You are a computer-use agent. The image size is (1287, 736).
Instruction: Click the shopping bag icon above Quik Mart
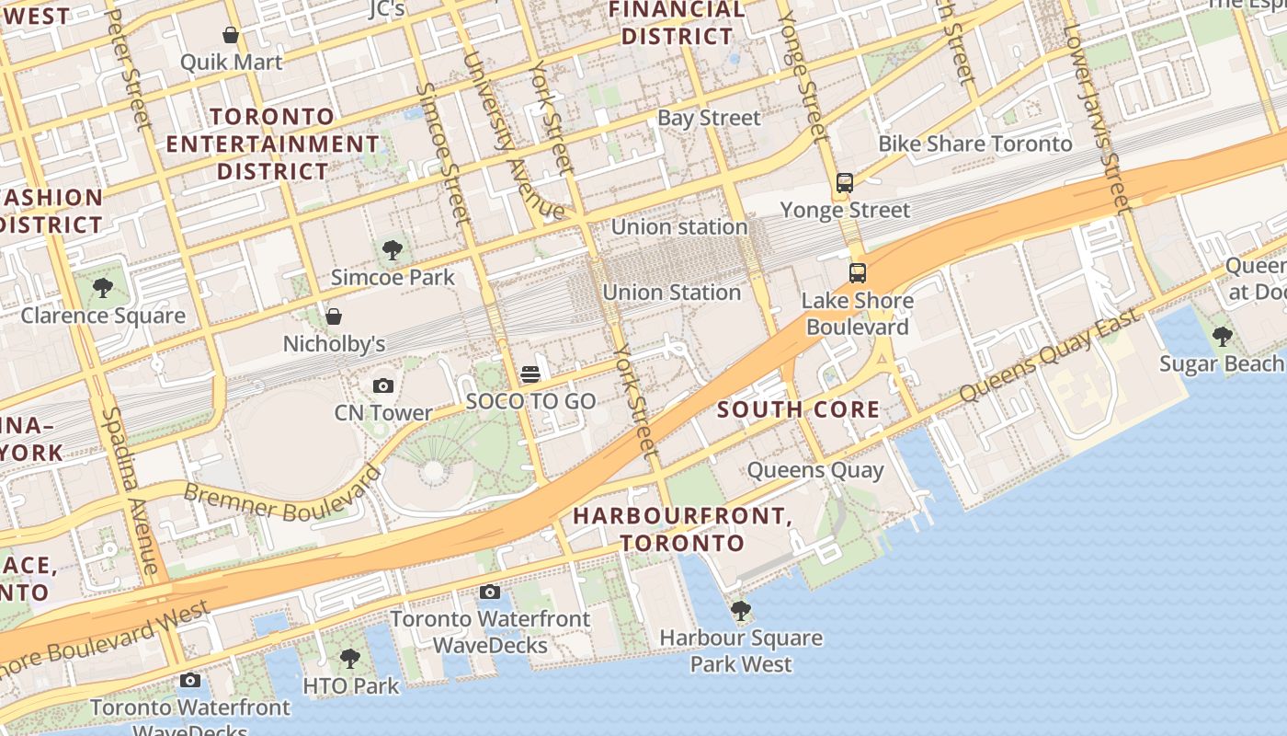click(x=231, y=35)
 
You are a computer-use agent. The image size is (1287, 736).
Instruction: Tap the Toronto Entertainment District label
click(x=272, y=144)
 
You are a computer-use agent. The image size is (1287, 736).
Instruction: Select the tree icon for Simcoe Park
click(x=393, y=249)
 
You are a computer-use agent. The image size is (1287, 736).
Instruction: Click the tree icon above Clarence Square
click(x=103, y=288)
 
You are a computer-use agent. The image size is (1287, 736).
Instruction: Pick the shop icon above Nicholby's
click(x=334, y=316)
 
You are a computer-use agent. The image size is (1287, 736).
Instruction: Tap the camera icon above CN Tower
click(x=383, y=385)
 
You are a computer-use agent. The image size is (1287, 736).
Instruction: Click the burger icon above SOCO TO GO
click(x=530, y=374)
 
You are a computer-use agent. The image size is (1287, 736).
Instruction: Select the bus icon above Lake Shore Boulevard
click(x=858, y=273)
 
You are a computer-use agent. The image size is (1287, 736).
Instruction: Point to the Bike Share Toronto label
click(x=974, y=144)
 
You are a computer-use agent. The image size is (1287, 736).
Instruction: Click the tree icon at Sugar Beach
click(x=1222, y=337)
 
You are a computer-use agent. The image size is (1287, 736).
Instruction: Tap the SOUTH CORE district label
click(x=798, y=410)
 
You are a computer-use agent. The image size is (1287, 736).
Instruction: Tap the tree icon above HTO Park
click(x=350, y=659)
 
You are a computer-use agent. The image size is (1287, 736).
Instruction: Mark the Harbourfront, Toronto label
click(x=682, y=529)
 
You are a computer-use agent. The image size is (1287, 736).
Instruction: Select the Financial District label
click(x=678, y=23)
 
